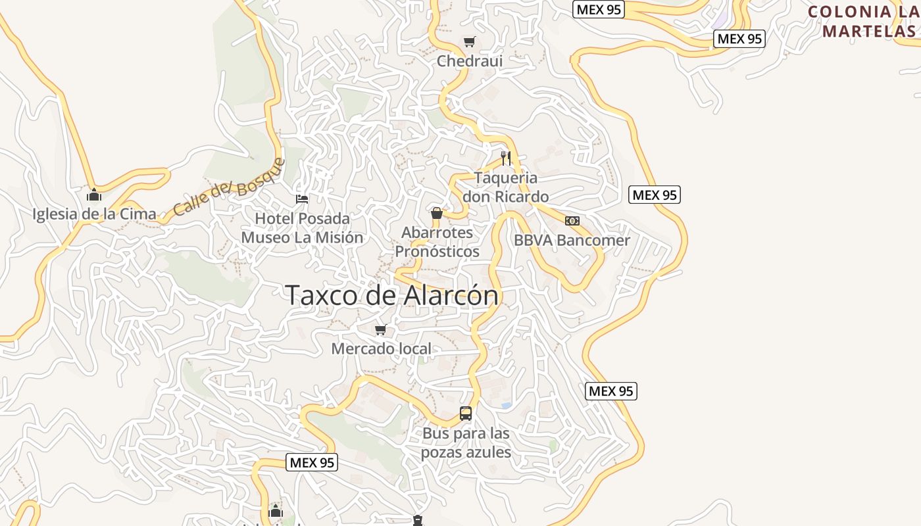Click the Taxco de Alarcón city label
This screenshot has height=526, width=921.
click(x=392, y=296)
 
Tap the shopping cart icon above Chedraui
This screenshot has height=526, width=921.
click(x=469, y=42)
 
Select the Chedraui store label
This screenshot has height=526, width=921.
click(x=470, y=61)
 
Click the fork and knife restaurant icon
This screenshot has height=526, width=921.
click(x=505, y=158)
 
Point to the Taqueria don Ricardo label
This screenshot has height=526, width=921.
click(x=505, y=187)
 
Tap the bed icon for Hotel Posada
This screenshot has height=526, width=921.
click(x=302, y=199)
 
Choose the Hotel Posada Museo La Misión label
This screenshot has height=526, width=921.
click(x=302, y=227)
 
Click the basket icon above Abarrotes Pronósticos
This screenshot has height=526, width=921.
click(x=436, y=213)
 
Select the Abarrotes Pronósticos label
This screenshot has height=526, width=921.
click(x=437, y=242)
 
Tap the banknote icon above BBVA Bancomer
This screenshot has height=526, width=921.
click(x=572, y=221)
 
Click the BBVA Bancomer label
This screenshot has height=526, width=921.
click(x=572, y=241)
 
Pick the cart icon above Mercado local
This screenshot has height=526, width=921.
click(x=380, y=330)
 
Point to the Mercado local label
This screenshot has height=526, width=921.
click(x=381, y=349)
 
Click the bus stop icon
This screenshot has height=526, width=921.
click(x=466, y=414)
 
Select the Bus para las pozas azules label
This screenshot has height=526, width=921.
click(x=466, y=443)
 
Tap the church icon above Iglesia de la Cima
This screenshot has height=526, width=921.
click(x=94, y=195)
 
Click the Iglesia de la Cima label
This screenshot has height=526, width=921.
click(x=94, y=214)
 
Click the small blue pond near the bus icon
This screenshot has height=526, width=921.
click(x=506, y=406)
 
